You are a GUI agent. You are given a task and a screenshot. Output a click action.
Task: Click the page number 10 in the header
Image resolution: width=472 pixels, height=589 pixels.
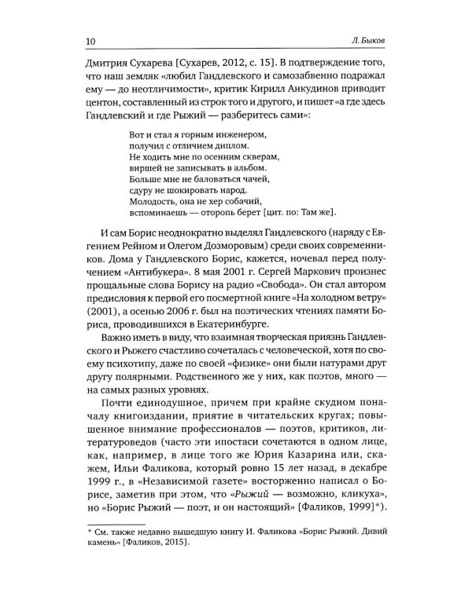(x=88, y=40)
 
